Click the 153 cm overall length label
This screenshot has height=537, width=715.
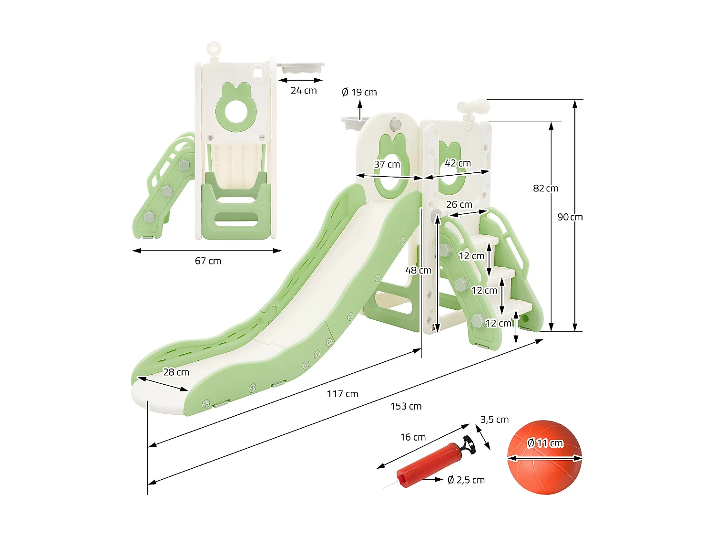[406, 406]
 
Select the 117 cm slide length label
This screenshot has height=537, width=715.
[342, 394]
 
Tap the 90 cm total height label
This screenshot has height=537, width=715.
[570, 217]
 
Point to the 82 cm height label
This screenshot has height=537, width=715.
[545, 189]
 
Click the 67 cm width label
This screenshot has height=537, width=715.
[208, 261]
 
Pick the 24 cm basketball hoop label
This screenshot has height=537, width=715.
[304, 91]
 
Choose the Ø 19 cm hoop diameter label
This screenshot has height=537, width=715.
[359, 92]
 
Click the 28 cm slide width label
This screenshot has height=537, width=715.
[176, 372]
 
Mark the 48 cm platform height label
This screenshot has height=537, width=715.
[418, 271]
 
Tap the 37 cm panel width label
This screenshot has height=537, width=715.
[387, 165]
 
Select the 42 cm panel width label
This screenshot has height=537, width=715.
[458, 163]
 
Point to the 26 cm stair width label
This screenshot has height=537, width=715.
[459, 205]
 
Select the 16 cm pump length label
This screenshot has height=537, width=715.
[413, 437]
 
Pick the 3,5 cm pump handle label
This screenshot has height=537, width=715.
[494, 420]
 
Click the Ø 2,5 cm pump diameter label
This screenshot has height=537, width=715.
[466, 480]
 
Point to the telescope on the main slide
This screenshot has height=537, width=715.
[472, 108]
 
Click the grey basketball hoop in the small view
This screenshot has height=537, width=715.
[302, 68]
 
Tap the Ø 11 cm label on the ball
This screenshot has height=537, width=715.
[545, 443]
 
